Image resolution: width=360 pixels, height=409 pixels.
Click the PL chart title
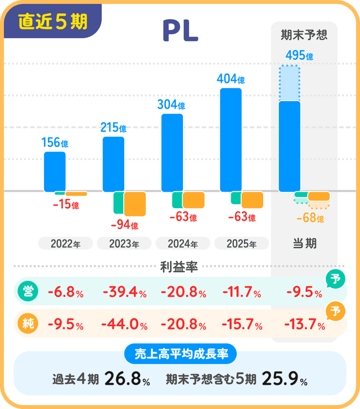pos(180,32)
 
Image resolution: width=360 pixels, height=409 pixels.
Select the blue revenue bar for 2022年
pos(55,172)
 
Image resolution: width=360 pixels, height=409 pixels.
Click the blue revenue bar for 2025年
pos(231,140)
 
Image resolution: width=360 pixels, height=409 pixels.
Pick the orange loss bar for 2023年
pos(135,203)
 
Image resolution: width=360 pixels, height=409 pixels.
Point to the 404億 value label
pos(231,79)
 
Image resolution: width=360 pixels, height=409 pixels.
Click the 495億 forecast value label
pos(299,55)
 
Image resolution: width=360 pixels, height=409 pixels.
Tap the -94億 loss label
pos(124,225)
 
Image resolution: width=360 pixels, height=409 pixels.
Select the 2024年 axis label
pos(182,244)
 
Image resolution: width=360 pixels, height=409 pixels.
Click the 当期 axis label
pos(304,244)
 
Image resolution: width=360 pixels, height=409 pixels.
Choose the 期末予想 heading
pos(304,35)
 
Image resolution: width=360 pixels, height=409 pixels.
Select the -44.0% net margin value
pos(124,325)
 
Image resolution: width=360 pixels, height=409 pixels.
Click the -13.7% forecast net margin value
pos(305,325)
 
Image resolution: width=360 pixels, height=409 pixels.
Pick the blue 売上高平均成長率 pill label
pos(179,354)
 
